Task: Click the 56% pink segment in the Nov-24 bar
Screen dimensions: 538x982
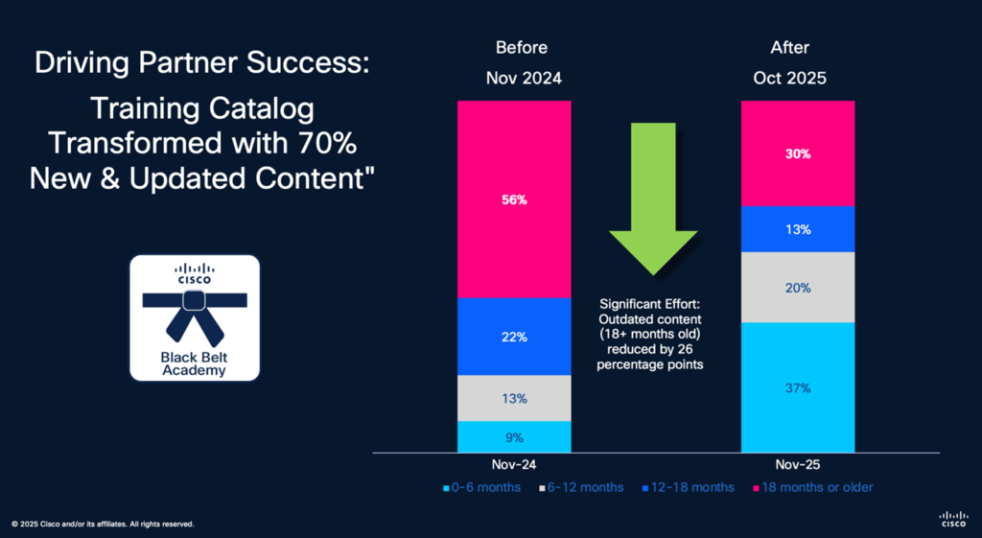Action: [x=515, y=199]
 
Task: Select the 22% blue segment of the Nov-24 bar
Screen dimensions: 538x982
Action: [x=515, y=337]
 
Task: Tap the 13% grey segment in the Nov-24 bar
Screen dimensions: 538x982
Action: [x=515, y=398]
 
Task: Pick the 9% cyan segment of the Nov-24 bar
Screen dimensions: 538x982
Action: [x=515, y=436]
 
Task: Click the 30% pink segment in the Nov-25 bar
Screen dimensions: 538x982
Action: [x=798, y=153]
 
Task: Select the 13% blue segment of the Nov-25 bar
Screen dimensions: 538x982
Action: [x=798, y=229]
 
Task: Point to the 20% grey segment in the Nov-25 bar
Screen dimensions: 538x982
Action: [x=798, y=287]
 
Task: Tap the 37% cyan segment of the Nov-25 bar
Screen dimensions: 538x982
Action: [x=798, y=387]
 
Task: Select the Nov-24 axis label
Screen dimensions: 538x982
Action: [x=515, y=463]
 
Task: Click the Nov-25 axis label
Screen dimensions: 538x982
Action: [x=798, y=463]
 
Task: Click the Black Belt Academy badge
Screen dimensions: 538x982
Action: [x=195, y=318]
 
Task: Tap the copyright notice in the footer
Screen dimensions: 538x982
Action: [x=103, y=524]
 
